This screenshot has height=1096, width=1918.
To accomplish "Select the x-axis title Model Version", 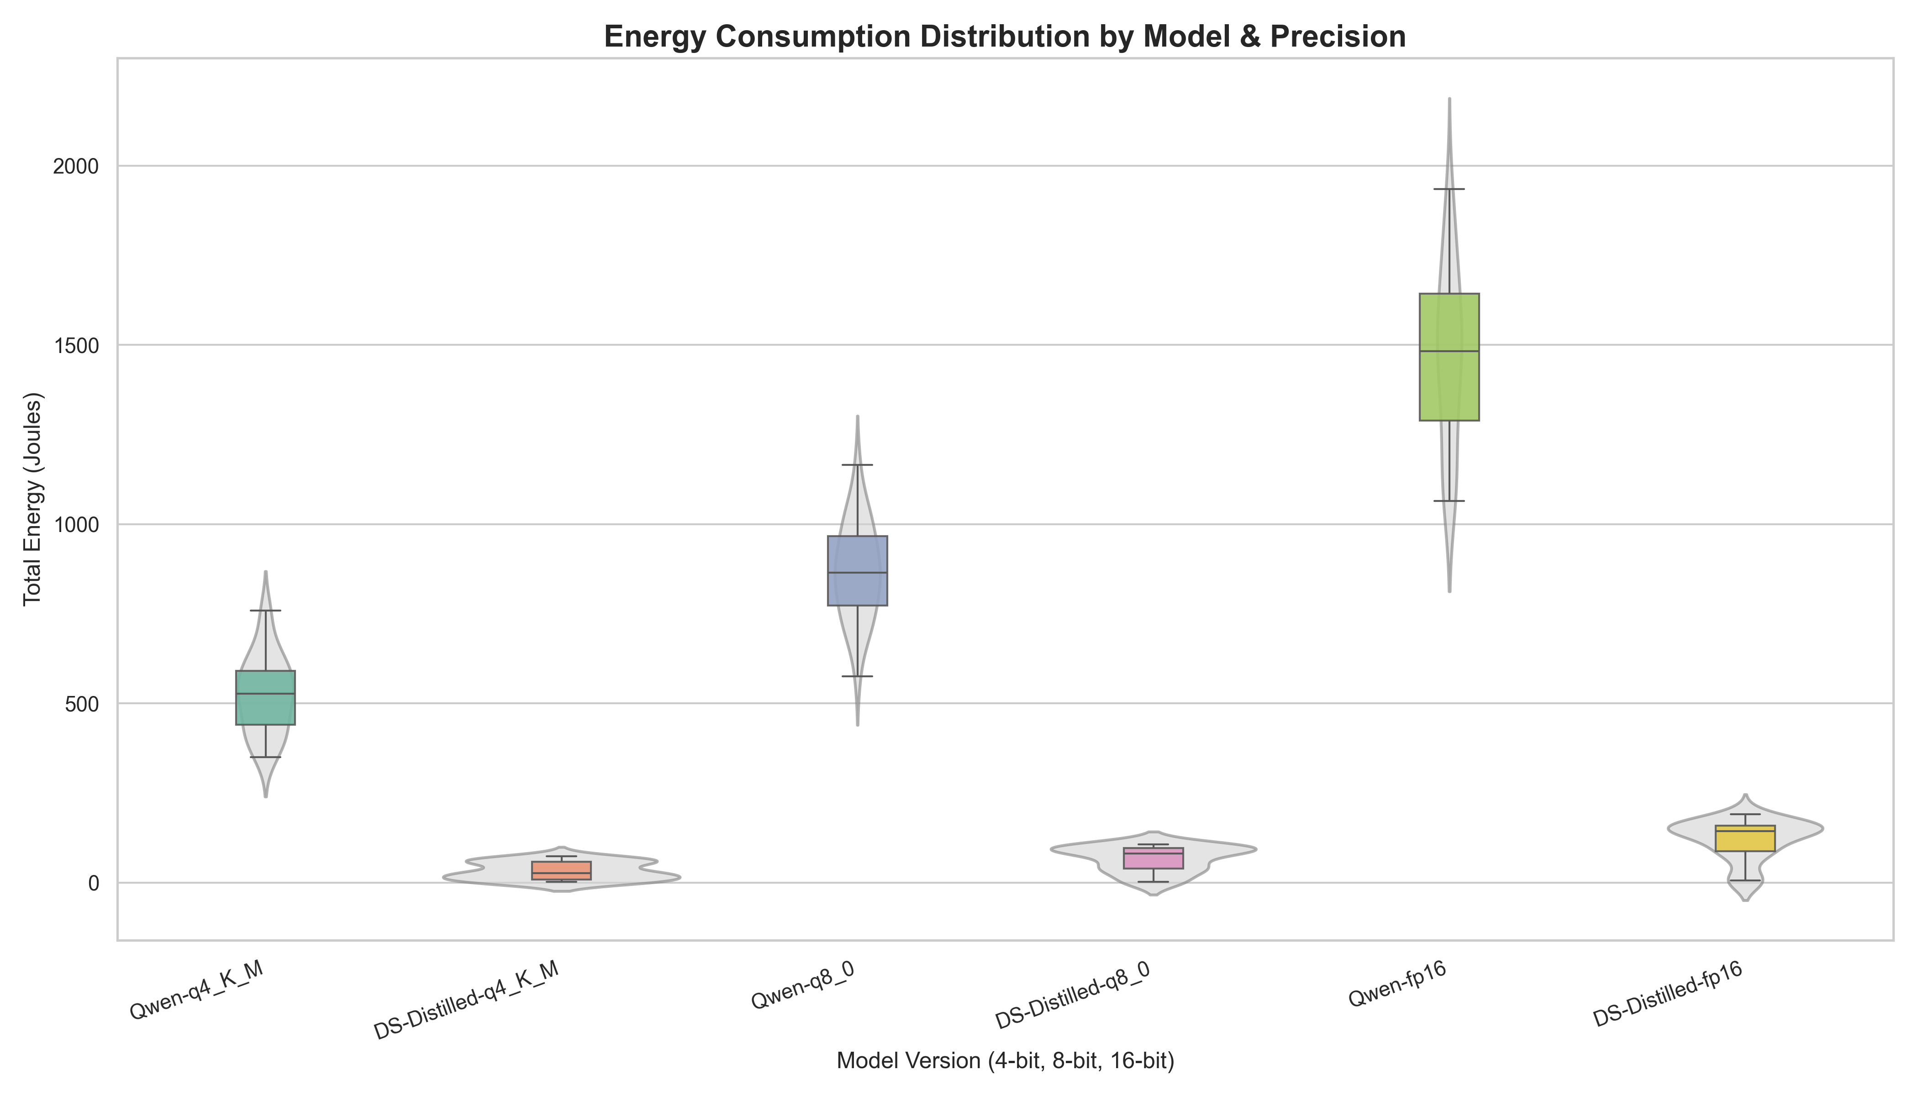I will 1005,1061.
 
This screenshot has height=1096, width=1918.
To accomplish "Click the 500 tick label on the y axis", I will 83,704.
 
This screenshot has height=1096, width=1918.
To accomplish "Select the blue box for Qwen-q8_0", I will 857,570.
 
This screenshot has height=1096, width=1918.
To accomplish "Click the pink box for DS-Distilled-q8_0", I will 1153,858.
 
